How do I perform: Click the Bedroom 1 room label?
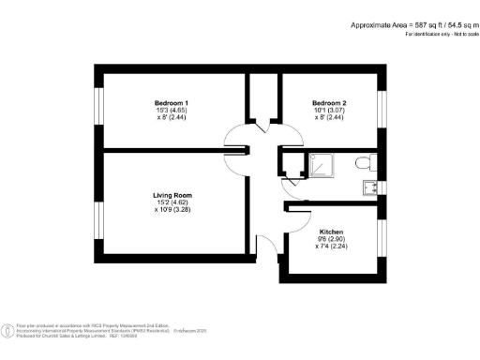coord(172,101)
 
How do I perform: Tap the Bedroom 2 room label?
coord(329,101)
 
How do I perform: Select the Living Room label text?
coord(172,195)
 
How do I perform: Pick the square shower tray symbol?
coord(321,165)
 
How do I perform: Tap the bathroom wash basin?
coord(371,186)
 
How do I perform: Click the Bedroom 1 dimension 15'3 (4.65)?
coord(172,110)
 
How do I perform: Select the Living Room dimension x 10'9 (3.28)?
coord(172,211)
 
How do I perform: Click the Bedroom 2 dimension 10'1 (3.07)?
coord(329,110)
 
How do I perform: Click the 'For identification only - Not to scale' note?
coord(439,34)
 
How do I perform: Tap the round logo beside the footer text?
coord(8,330)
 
